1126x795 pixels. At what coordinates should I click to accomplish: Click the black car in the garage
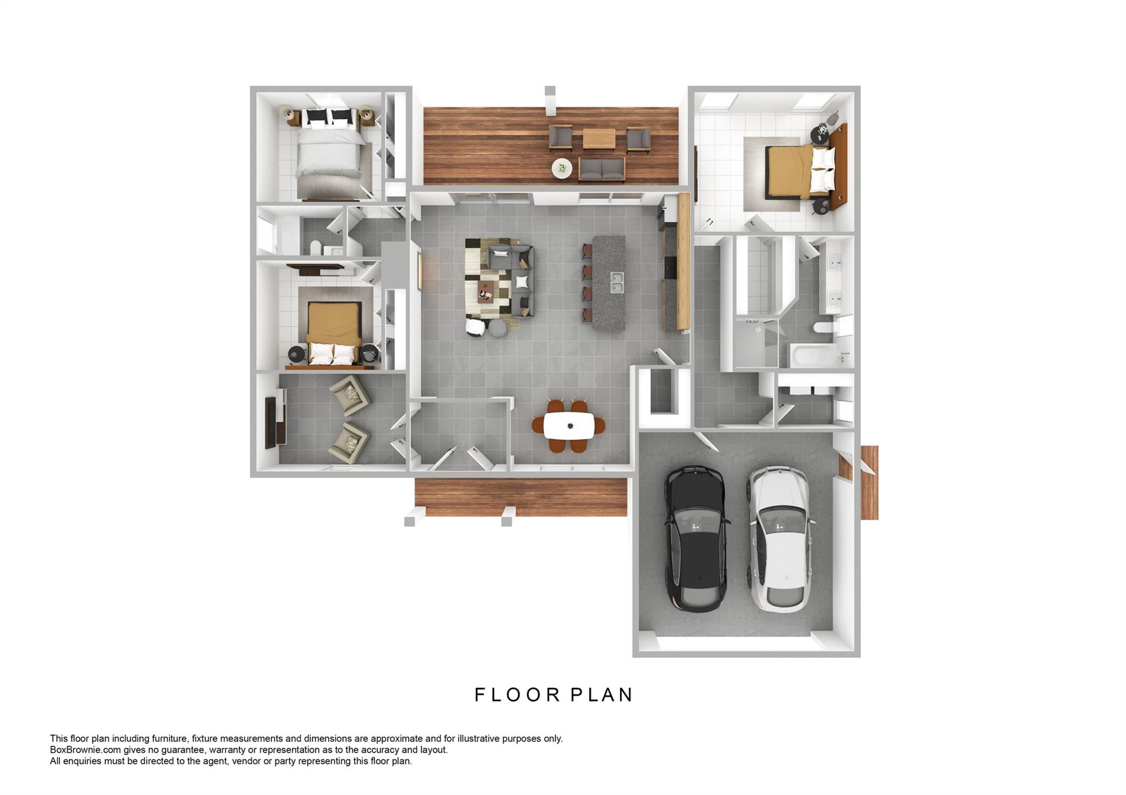click(696, 538)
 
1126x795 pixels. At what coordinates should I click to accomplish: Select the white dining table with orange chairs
click(568, 426)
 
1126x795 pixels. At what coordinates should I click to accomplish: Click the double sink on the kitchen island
click(617, 283)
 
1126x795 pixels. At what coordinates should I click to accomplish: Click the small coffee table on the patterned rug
click(485, 291)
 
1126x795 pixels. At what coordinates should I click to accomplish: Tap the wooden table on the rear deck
click(599, 138)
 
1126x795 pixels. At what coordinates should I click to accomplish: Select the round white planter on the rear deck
click(561, 168)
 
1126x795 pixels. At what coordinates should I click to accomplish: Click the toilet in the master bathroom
click(827, 328)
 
